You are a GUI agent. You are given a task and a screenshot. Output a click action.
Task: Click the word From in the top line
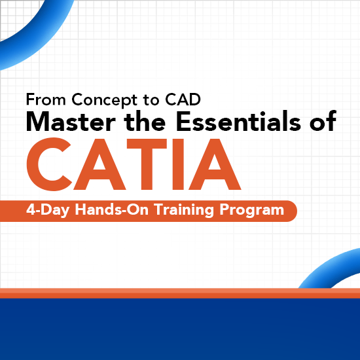point(46,100)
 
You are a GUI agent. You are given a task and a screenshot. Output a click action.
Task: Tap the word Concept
point(101,101)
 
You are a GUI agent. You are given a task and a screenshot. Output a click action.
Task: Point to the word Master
point(68,122)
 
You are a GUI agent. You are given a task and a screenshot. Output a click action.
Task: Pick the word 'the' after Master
point(143,122)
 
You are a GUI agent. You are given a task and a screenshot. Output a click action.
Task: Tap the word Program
point(251,211)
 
